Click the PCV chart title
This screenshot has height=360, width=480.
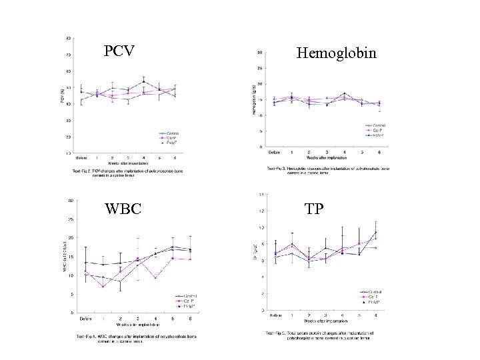tap(120, 51)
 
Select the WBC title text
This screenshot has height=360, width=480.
tap(123, 208)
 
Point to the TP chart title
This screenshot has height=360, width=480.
tap(315, 209)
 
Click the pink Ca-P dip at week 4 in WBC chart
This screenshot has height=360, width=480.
tap(155, 277)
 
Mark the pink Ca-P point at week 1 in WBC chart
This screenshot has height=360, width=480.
tap(103, 287)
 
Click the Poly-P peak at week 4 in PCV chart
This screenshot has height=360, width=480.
tap(144, 82)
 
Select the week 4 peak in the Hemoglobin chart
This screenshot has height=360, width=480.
tap(344, 93)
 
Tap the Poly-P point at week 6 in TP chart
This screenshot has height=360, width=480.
tap(376, 232)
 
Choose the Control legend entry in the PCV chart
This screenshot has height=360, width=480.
tap(170, 132)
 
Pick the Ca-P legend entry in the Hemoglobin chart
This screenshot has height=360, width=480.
tap(377, 130)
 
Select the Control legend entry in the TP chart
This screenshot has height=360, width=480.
tap(372, 291)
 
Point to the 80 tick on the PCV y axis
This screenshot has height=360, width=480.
tap(69, 37)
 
